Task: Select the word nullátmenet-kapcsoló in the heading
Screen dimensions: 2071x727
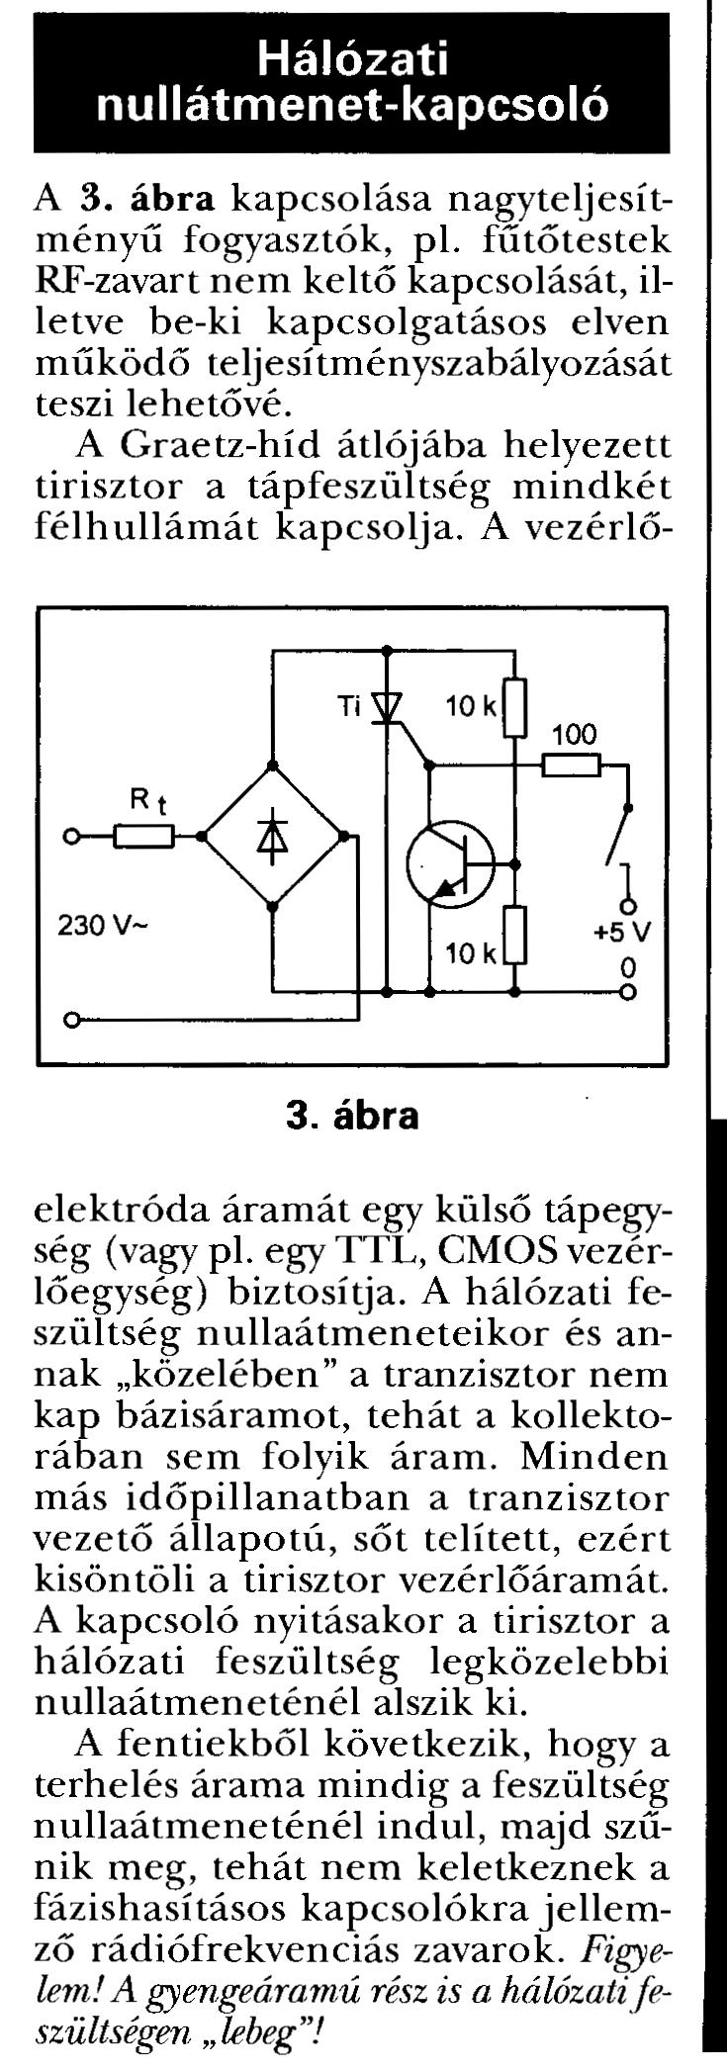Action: click(352, 106)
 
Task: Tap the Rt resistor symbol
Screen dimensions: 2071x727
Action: click(144, 837)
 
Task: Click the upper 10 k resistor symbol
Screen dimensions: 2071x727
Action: click(515, 707)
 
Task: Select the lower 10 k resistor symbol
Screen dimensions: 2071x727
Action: click(515, 934)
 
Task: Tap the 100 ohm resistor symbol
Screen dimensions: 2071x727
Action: click(572, 765)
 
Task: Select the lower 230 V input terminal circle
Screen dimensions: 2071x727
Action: click(70, 1018)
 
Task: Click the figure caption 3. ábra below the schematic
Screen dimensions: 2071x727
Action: click(351, 1116)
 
